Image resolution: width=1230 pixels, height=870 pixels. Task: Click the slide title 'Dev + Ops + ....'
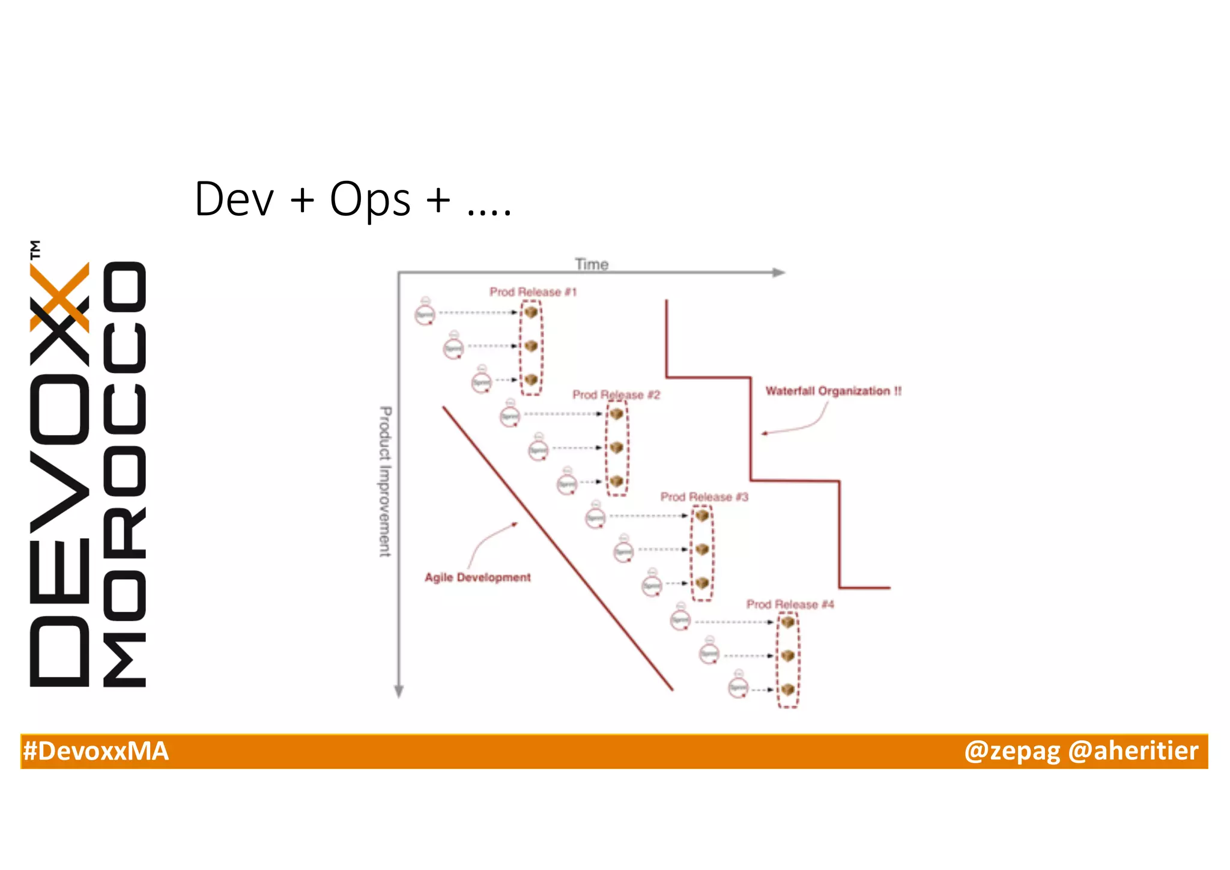[353, 199]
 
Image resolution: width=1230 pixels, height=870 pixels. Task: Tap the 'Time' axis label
[592, 264]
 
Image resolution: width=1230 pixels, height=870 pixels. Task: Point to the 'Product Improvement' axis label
[385, 481]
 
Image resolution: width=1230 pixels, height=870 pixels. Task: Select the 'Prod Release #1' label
[533, 292]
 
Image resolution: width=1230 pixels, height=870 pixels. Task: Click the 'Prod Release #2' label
[616, 395]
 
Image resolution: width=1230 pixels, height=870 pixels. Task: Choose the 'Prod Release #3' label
[704, 497]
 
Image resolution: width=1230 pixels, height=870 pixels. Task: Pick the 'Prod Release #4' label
[790, 604]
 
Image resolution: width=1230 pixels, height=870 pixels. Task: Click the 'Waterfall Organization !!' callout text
[833, 391]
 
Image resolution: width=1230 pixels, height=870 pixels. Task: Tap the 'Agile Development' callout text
[477, 577]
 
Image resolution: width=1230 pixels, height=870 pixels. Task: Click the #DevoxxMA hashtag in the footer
[96, 752]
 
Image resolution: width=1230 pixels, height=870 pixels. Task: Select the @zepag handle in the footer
[1012, 752]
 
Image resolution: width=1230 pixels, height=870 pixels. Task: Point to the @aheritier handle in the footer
[1133, 752]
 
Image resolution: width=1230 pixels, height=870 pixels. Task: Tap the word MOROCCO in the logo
[124, 474]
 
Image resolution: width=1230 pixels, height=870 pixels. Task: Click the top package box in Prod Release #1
[531, 312]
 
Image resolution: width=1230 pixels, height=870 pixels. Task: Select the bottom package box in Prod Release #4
[788, 690]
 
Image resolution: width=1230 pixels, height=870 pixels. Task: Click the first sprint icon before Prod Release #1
[425, 313]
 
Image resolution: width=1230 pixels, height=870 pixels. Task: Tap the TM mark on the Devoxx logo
[36, 249]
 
